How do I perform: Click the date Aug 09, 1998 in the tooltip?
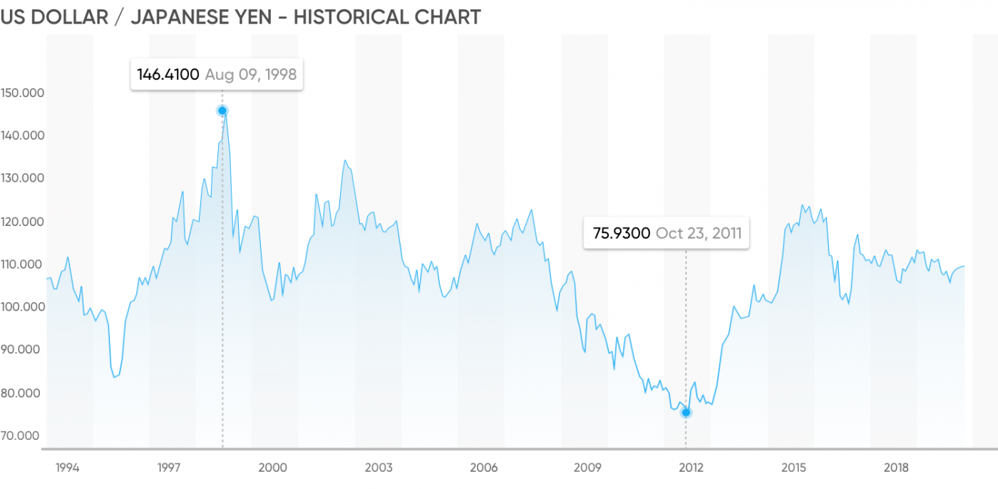click(250, 74)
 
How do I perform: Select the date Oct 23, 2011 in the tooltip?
click(699, 233)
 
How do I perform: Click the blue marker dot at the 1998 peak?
click(222, 110)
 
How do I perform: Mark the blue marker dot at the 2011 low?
click(686, 413)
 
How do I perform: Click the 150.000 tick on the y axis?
click(22, 93)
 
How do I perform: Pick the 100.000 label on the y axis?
click(22, 307)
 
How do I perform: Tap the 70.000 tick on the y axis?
click(22, 436)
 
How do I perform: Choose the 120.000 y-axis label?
click(22, 222)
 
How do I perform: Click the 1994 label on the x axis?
click(67, 468)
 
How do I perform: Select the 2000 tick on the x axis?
click(273, 468)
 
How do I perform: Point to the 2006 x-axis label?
click(483, 468)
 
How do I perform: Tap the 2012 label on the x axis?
click(691, 468)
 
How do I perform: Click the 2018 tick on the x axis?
click(896, 468)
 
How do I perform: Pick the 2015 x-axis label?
click(793, 468)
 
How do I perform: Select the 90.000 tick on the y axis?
click(22, 350)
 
